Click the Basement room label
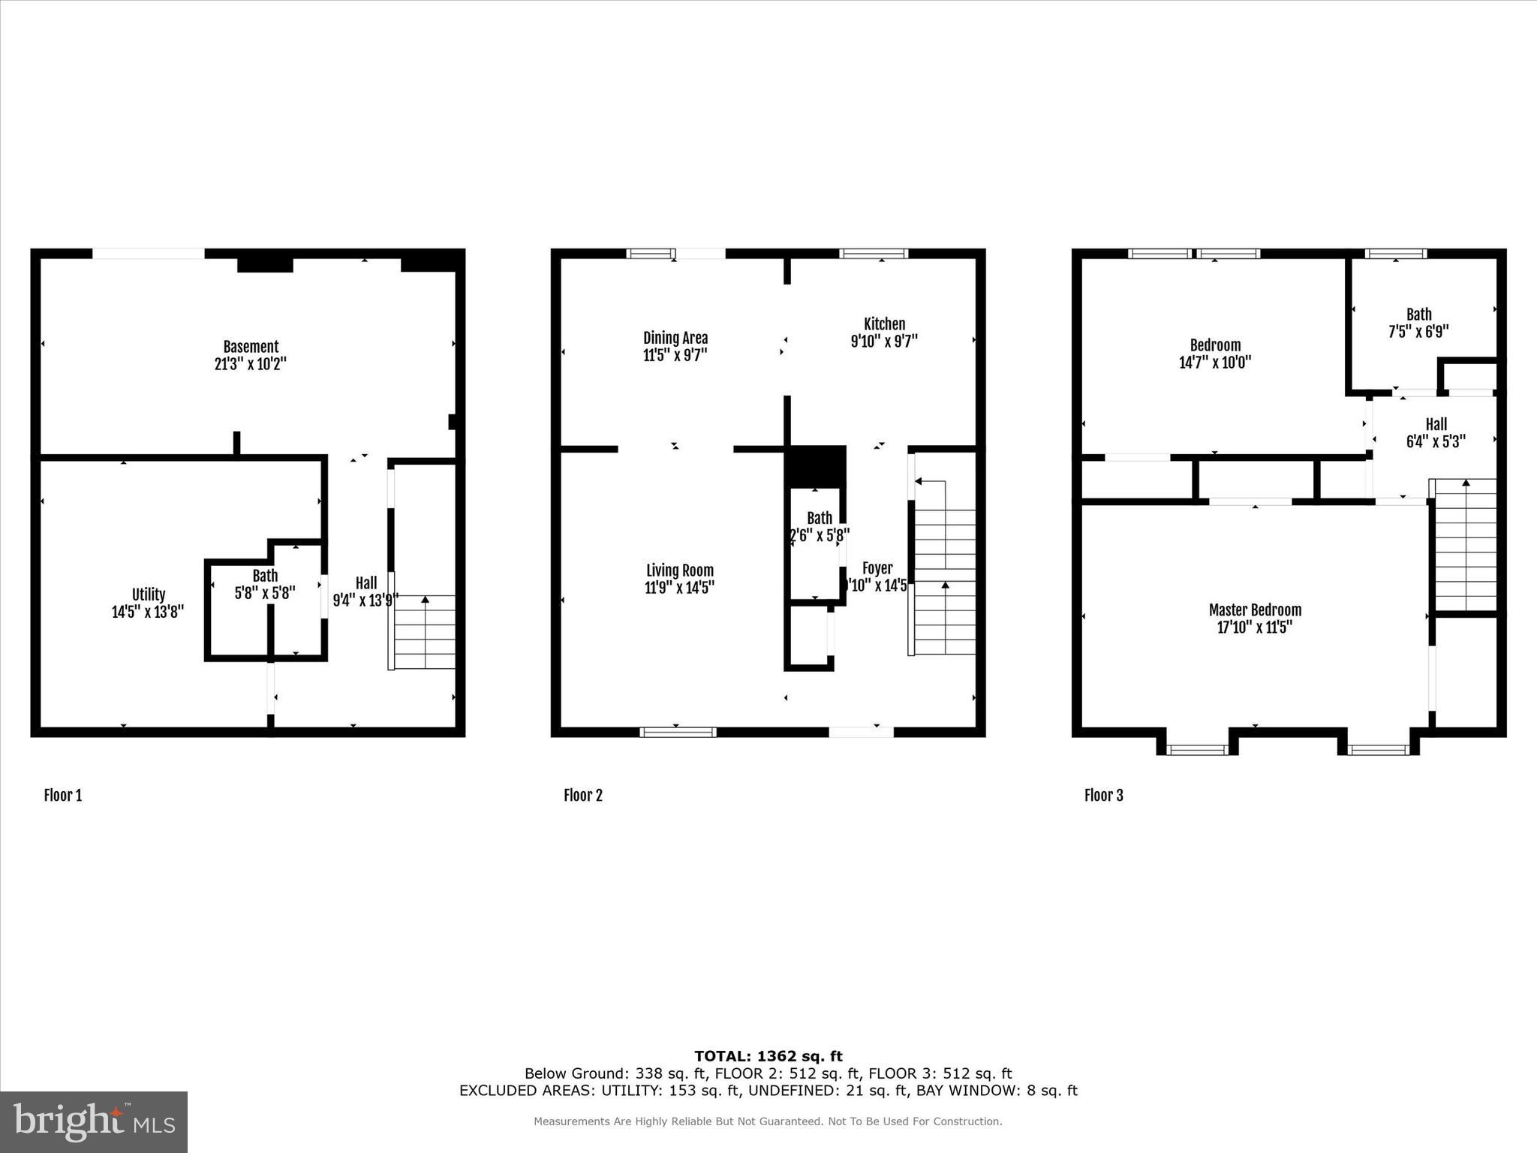click(x=251, y=347)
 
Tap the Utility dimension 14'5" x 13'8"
click(x=148, y=612)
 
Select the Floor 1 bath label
click(x=265, y=576)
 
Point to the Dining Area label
click(x=675, y=338)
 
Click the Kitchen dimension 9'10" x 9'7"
click(x=884, y=341)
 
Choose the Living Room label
click(x=679, y=570)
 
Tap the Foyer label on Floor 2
click(x=877, y=568)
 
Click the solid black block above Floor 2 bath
click(x=816, y=465)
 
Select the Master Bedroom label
click(x=1255, y=610)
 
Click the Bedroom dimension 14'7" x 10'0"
click(x=1215, y=363)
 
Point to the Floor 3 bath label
click(x=1418, y=315)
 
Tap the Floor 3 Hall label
click(x=1436, y=424)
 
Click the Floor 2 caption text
click(x=583, y=796)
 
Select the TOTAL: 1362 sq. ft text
click(x=768, y=1056)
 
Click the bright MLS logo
click(x=94, y=1121)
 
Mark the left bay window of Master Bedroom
click(x=1197, y=749)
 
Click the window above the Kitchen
click(x=874, y=254)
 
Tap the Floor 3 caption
click(x=1103, y=796)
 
